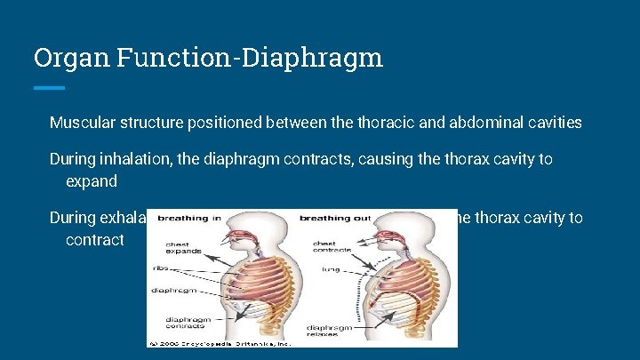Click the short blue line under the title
pos(49,87)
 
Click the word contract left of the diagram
pos(95,240)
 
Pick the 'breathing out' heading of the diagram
pos(331,218)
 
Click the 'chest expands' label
pos(179,247)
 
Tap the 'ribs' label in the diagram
pos(160,267)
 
